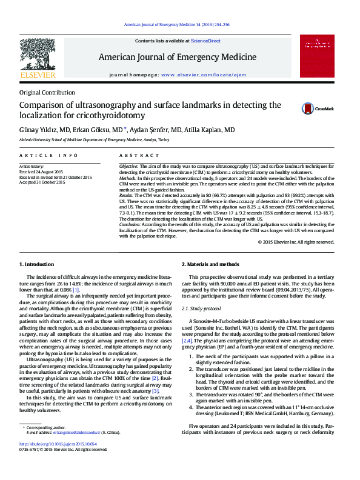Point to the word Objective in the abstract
tap(128, 165)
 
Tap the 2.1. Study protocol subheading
tap(201, 309)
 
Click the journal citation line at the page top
tap(176, 25)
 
